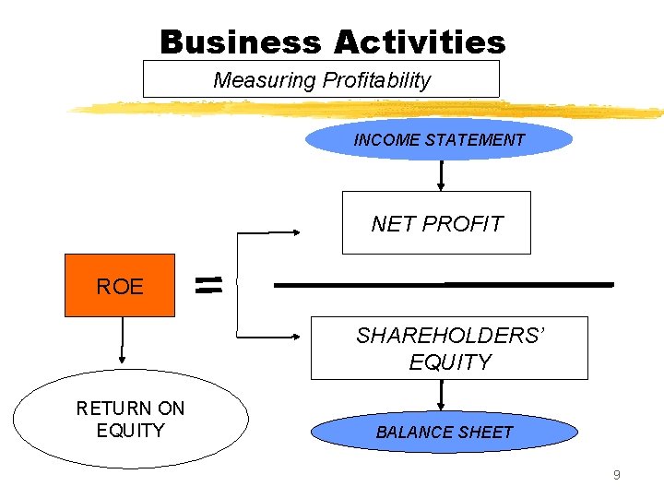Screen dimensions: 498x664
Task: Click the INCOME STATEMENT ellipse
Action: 439,140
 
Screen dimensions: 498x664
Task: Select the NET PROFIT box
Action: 436,222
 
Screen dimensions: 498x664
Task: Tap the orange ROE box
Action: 119,286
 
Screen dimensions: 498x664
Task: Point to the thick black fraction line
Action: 444,285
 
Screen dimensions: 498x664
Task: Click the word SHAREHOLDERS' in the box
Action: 451,337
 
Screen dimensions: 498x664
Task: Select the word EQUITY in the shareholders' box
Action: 450,362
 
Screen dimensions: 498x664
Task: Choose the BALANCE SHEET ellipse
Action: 445,432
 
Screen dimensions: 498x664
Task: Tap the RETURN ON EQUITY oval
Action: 130,420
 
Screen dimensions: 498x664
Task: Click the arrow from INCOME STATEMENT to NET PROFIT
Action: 441,175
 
